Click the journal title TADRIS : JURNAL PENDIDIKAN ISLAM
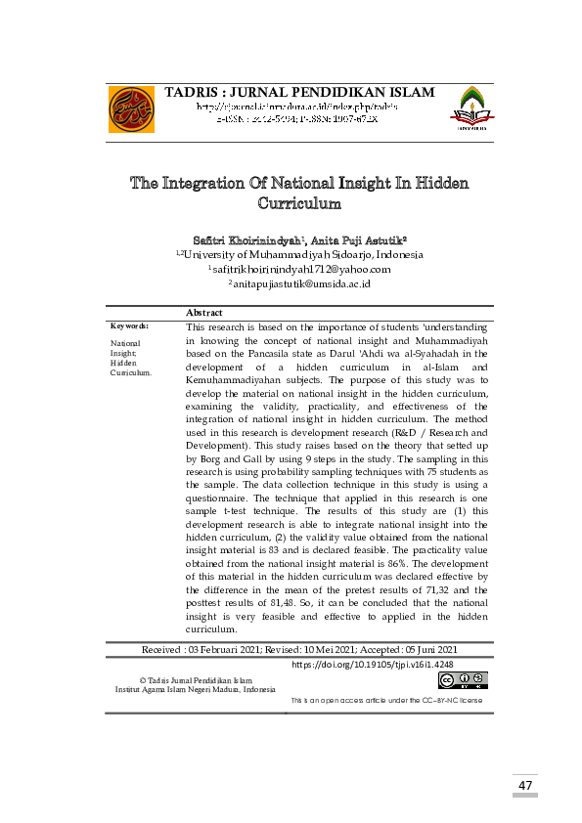(300, 93)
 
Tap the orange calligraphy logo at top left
(131, 109)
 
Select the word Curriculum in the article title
(299, 204)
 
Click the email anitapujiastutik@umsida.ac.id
(299, 283)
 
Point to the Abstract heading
(203, 313)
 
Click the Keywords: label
(129, 325)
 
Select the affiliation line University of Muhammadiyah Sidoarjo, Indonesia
(301, 254)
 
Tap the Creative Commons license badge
(463, 680)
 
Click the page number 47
(525, 785)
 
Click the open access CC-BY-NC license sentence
(386, 701)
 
